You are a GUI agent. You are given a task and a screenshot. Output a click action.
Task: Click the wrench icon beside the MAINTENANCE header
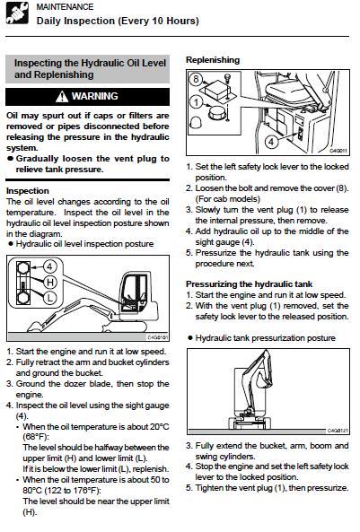(x=17, y=13)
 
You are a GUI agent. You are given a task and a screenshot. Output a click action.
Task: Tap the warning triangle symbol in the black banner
(x=62, y=97)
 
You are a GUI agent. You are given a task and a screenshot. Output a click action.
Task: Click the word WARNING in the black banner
(x=95, y=96)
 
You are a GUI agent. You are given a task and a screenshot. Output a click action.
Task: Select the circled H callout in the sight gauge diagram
(x=50, y=282)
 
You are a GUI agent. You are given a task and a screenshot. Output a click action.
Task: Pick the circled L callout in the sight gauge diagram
(x=50, y=298)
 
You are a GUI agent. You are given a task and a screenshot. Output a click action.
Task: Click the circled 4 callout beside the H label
(x=50, y=266)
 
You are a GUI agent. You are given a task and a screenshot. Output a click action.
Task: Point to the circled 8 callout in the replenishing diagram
(x=196, y=79)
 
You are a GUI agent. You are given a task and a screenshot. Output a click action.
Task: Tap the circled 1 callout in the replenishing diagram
(x=196, y=101)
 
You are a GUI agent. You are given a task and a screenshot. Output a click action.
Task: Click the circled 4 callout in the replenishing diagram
(x=271, y=141)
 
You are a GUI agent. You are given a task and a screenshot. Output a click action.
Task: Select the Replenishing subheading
(x=213, y=60)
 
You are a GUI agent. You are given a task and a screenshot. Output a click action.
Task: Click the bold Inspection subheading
(x=28, y=191)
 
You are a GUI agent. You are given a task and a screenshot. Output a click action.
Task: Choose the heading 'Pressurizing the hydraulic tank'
(x=249, y=284)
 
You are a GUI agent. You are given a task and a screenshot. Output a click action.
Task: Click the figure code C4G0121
(x=338, y=431)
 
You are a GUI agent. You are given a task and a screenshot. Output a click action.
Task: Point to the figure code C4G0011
(x=338, y=151)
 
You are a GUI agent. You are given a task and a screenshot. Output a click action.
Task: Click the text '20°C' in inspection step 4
(x=160, y=426)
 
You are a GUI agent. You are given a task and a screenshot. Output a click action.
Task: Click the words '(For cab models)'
(x=227, y=199)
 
